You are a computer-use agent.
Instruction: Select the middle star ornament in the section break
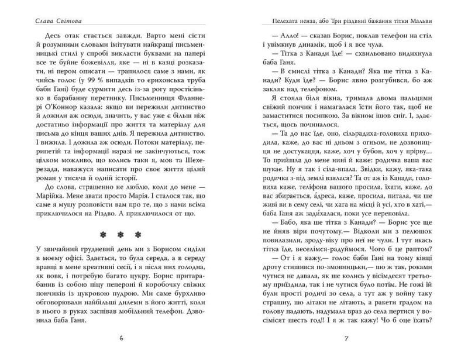121,235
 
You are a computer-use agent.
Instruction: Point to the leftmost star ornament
103,235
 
